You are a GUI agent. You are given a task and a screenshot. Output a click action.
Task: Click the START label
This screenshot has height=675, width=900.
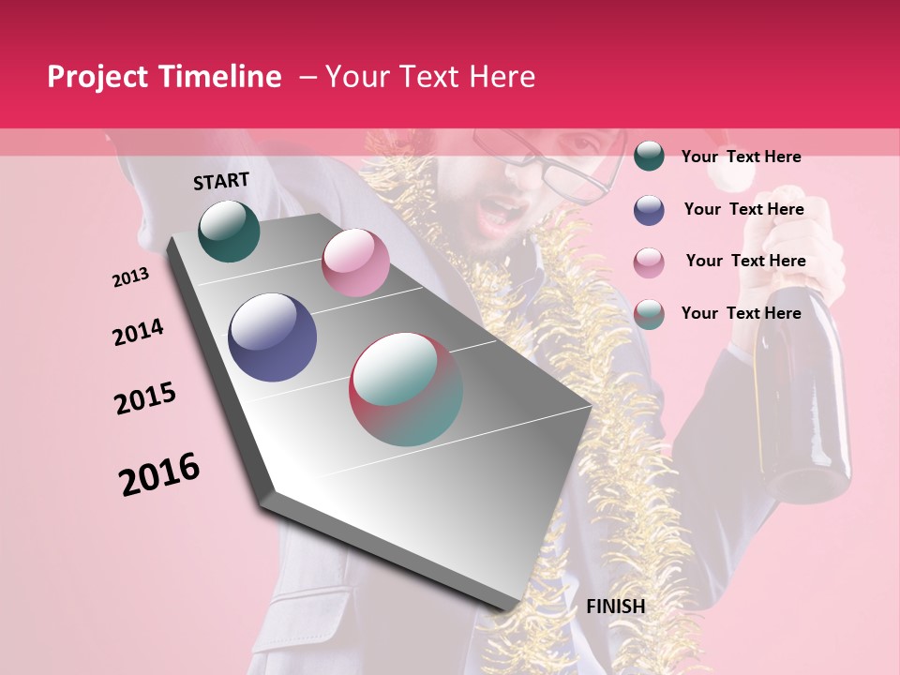221,181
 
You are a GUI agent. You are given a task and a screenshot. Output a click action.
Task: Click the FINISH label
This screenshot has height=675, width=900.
615,607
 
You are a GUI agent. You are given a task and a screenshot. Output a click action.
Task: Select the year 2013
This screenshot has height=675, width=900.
130,277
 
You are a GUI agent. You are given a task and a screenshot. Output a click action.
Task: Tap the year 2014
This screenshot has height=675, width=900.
138,333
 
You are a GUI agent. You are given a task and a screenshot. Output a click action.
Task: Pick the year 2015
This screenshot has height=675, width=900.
145,398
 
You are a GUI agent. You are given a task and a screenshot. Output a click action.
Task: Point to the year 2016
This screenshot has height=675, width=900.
159,474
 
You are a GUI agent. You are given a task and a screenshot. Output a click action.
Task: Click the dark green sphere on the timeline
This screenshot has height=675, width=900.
229,231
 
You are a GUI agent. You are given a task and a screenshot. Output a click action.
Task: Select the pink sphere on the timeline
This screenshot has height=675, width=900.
355,262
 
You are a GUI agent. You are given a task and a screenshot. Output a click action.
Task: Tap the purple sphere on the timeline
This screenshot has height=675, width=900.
273,337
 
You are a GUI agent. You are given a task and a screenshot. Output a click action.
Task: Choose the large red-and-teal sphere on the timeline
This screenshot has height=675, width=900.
406,389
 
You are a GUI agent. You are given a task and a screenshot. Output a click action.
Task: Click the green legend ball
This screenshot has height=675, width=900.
649,156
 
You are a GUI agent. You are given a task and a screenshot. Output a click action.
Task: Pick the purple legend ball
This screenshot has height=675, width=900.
649,210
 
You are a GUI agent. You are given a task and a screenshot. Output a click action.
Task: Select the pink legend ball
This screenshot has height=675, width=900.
649,262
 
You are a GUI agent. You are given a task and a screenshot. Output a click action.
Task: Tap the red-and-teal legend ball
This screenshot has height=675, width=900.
649,314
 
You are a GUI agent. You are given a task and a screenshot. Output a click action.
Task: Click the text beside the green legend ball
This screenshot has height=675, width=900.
741,157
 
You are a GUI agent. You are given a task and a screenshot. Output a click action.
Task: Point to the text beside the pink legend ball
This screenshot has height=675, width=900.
745,261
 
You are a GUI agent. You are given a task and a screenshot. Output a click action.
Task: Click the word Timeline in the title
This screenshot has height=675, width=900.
220,77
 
